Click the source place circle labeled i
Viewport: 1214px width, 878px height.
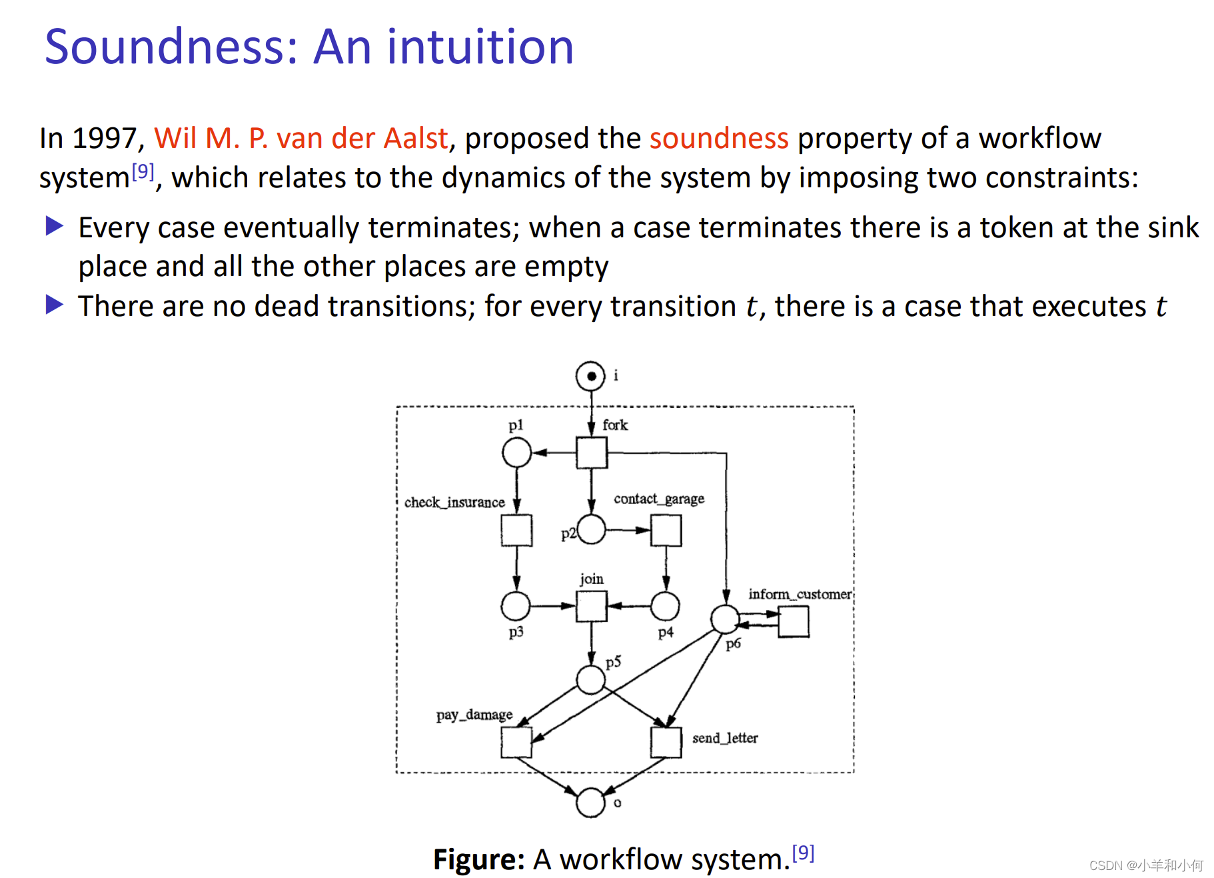(x=590, y=376)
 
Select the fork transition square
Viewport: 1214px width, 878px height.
(x=592, y=453)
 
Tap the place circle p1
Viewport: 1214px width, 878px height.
(x=516, y=453)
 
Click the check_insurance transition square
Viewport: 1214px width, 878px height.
(x=516, y=530)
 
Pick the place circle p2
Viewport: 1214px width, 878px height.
(x=592, y=530)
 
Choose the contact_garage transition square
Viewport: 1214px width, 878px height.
(x=666, y=530)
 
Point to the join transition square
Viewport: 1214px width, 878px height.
(x=592, y=606)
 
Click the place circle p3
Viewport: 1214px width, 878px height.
(x=516, y=606)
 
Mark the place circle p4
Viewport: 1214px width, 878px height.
(x=665, y=606)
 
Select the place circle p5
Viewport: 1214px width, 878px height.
(x=590, y=680)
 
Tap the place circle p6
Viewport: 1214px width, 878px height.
(x=725, y=619)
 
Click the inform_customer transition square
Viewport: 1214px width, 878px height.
(x=794, y=622)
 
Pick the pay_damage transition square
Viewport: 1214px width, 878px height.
(x=516, y=742)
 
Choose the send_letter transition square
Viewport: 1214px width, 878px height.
(x=666, y=742)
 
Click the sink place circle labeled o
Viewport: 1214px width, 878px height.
(x=590, y=803)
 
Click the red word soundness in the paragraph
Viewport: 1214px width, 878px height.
(x=719, y=139)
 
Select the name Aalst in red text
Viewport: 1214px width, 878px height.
(x=415, y=139)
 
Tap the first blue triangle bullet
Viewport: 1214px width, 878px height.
(x=54, y=227)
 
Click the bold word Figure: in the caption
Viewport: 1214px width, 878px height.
(x=479, y=859)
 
